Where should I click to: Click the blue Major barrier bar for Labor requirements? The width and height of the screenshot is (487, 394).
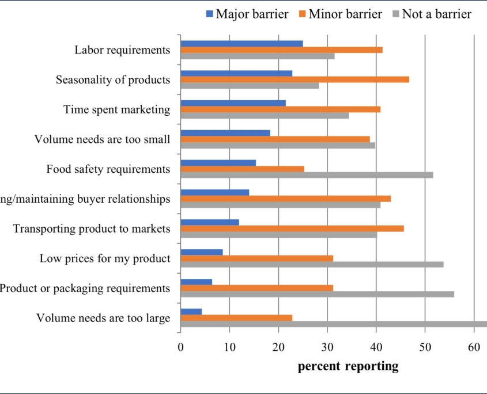(241, 43)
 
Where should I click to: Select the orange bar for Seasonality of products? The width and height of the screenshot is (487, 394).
(295, 79)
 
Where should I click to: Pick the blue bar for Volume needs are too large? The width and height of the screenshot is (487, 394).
(191, 312)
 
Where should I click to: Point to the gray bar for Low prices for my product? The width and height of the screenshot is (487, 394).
(312, 264)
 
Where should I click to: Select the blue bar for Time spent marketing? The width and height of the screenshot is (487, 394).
(233, 103)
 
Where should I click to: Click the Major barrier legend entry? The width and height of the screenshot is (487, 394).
(247, 14)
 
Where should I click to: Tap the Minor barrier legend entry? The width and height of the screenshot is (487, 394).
(339, 14)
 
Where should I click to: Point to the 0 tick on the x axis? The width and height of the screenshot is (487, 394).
(180, 347)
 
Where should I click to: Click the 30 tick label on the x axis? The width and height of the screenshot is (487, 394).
(327, 347)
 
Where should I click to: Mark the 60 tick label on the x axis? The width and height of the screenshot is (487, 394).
(474, 347)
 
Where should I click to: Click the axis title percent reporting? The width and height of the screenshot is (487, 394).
(348, 366)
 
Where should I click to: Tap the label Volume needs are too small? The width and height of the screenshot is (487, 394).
(103, 139)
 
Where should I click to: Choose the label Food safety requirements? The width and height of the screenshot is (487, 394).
(108, 169)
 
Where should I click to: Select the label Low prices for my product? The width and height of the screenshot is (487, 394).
(105, 258)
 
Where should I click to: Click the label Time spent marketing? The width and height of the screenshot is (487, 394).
(117, 109)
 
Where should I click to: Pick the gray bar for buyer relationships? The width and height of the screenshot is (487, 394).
(280, 204)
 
